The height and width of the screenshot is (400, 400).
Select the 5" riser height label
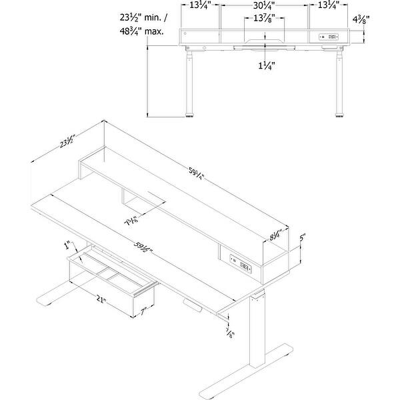(302, 237)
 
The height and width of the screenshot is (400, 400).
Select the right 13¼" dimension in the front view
(329, 6)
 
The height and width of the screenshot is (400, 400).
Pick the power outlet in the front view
(329, 37)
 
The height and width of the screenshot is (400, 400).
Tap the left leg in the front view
(190, 83)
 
